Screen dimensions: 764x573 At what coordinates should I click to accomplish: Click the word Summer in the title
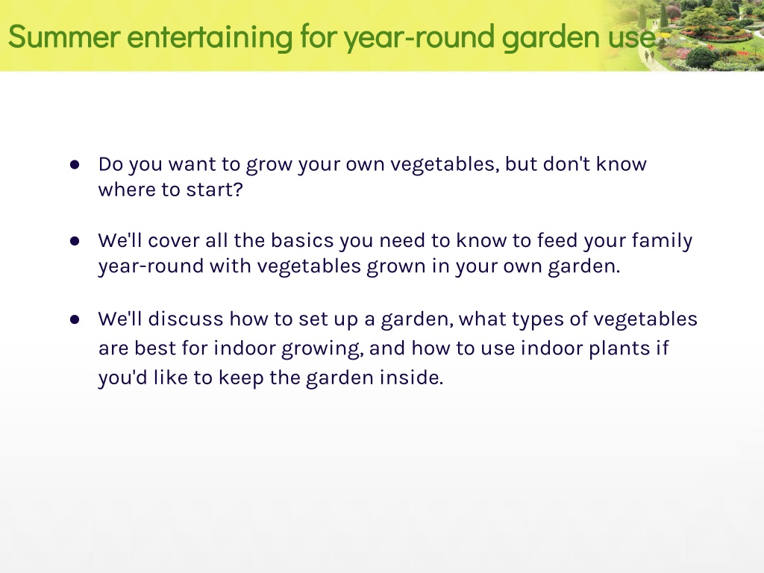(x=64, y=37)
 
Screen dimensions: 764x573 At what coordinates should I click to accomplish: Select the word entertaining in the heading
(x=210, y=37)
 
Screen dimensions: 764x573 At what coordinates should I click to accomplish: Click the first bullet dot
(x=75, y=165)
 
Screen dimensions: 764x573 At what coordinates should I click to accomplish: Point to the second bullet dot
(x=75, y=241)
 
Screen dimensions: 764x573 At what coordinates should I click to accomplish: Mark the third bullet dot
(x=75, y=319)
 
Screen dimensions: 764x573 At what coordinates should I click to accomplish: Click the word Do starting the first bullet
(x=110, y=164)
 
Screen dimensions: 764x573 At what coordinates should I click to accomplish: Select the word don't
(x=566, y=164)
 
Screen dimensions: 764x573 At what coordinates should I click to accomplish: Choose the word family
(x=662, y=242)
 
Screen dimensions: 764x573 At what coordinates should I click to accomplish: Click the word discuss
(x=186, y=319)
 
